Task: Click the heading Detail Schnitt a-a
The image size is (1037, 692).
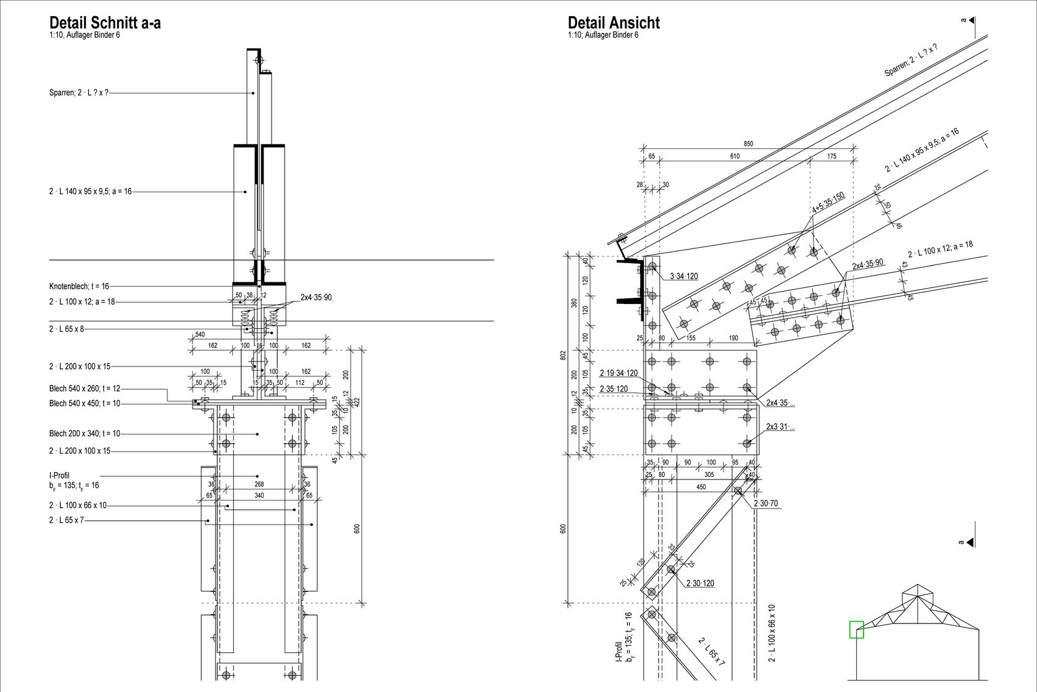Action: (105, 23)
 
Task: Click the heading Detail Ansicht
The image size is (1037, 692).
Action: (614, 23)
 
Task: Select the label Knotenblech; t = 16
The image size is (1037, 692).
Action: (79, 286)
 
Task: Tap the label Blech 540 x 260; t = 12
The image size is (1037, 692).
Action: (85, 389)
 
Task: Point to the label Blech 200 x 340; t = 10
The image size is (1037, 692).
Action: (85, 434)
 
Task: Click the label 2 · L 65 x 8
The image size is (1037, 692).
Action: (66, 329)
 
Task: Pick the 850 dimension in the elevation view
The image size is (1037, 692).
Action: (748, 144)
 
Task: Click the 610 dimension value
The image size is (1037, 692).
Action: (735, 156)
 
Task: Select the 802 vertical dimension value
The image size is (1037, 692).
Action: (563, 355)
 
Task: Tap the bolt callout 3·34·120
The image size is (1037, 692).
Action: (684, 276)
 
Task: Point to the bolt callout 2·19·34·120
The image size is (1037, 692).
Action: (618, 373)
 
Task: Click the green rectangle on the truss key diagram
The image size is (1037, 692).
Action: (856, 629)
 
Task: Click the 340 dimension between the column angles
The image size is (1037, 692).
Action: (259, 496)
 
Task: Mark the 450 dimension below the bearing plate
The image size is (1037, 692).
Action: (701, 487)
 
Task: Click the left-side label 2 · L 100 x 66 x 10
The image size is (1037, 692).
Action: (78, 505)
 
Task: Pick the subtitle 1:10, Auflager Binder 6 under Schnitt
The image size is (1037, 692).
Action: (85, 35)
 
